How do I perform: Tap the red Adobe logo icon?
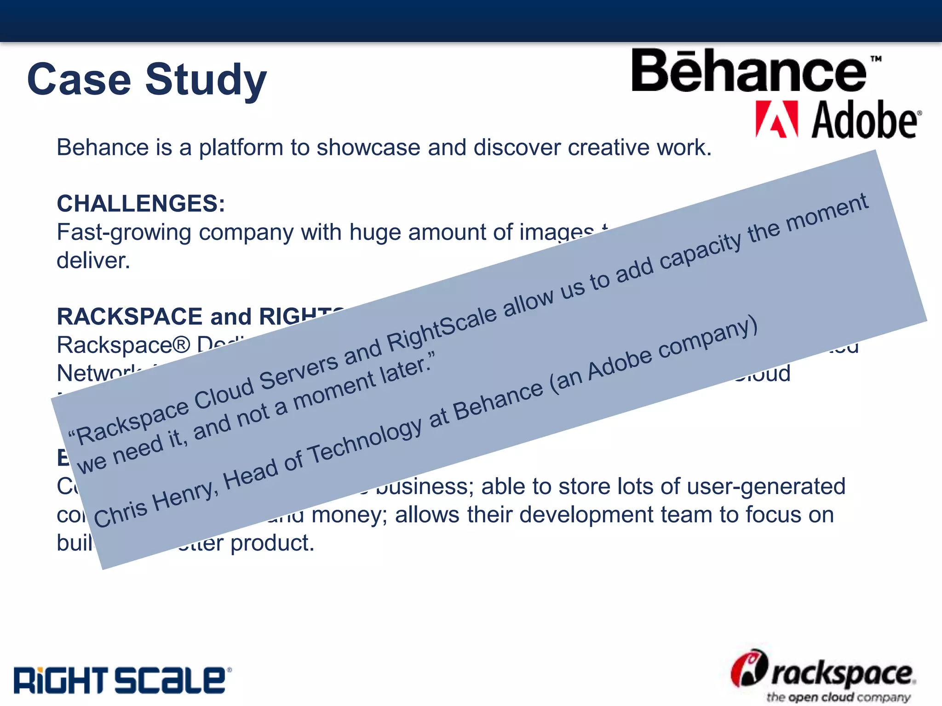click(x=776, y=120)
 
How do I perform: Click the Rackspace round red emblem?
click(x=749, y=668)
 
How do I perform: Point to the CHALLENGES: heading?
click(x=141, y=204)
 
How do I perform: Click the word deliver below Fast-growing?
click(x=93, y=261)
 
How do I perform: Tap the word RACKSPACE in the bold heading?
click(x=129, y=317)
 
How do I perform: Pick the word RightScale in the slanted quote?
click(x=442, y=327)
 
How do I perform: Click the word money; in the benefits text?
click(x=349, y=515)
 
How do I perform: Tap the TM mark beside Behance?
click(x=876, y=59)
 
